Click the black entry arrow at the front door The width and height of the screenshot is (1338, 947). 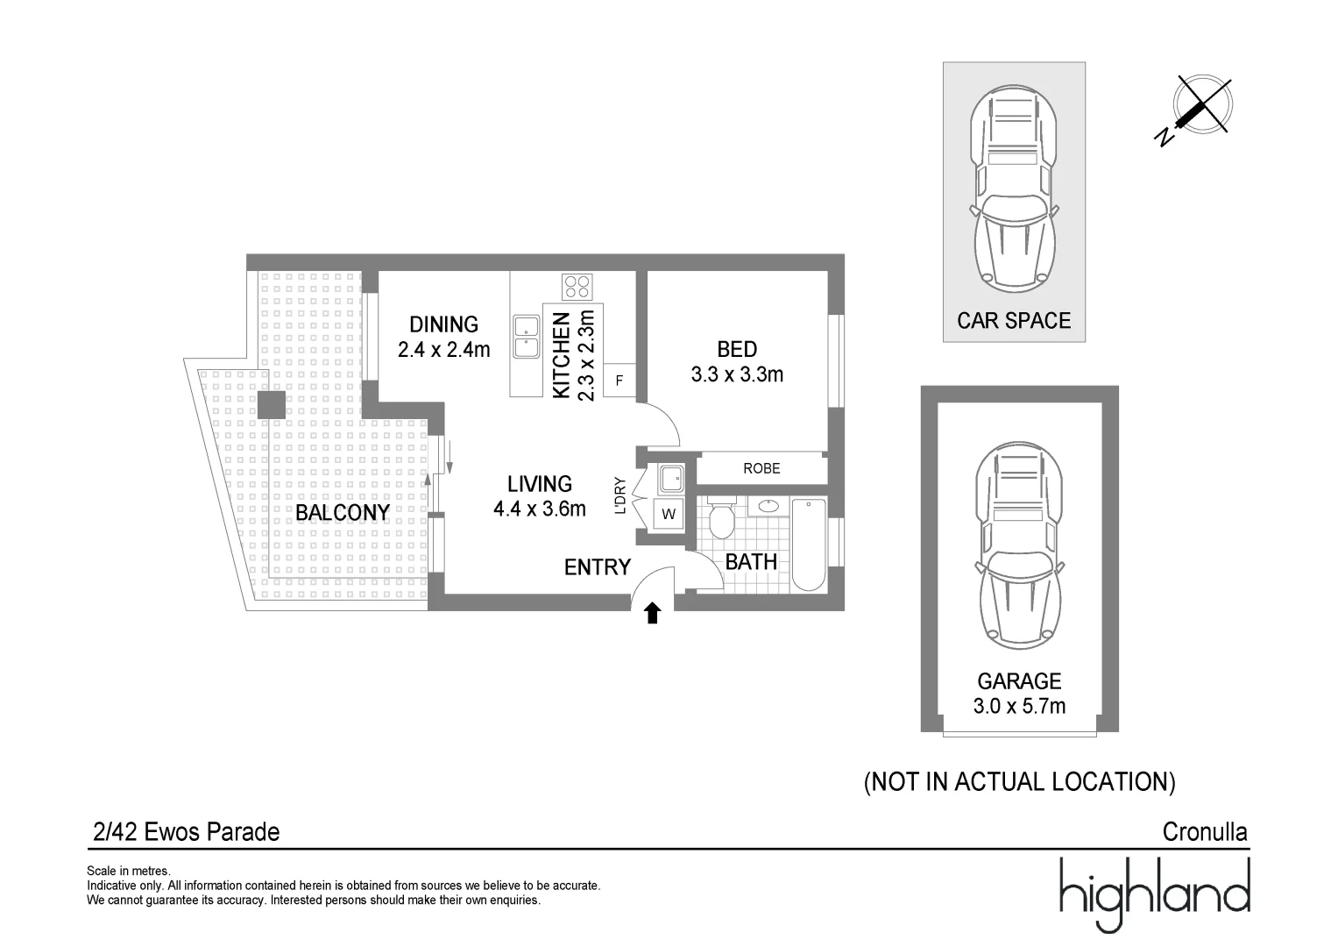tap(652, 614)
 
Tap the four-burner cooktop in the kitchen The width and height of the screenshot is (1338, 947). tap(577, 287)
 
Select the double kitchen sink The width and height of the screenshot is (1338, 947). tap(527, 338)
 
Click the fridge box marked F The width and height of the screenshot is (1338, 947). tap(619, 381)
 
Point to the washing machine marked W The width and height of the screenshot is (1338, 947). tap(669, 514)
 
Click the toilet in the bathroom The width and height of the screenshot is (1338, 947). tap(721, 517)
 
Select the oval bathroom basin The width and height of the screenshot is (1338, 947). tap(768, 507)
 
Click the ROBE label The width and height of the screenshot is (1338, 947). tap(761, 468)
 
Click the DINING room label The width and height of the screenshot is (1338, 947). tap(444, 324)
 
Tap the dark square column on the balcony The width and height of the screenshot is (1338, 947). tap(271, 405)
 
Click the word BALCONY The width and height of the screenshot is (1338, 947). tap(343, 512)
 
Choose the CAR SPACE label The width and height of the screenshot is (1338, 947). tap(1014, 321)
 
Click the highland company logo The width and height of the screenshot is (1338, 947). tap(1154, 894)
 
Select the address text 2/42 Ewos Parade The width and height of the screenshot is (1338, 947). tap(187, 832)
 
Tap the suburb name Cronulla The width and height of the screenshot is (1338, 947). tap(1205, 832)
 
